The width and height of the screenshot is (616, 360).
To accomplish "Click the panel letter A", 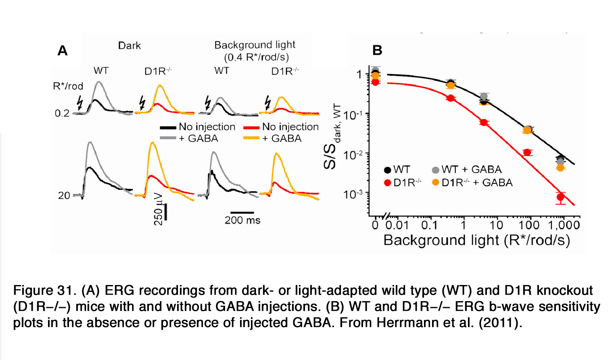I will tap(63, 51).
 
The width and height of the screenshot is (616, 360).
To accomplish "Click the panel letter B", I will tap(377, 50).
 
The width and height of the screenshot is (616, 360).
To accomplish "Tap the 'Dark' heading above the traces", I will tap(129, 46).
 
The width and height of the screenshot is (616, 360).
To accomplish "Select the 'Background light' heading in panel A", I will tap(255, 45).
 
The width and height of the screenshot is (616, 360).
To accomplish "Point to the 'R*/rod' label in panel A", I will tap(68, 86).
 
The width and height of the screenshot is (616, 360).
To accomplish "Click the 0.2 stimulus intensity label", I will tap(62, 113).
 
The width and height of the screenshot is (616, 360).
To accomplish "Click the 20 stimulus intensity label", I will tap(64, 196).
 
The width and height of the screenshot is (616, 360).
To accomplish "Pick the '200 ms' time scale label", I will tap(242, 220).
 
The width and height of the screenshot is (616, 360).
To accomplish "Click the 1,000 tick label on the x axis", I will tap(564, 225).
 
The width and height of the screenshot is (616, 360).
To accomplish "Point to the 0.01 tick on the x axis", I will tap(397, 225).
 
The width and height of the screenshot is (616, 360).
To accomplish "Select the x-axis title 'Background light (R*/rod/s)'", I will tap(476, 240).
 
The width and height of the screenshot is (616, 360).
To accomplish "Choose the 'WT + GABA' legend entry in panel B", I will tap(471, 169).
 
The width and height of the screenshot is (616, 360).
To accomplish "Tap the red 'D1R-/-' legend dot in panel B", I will tap(388, 183).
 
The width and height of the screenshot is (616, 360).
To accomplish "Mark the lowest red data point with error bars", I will tap(560, 197).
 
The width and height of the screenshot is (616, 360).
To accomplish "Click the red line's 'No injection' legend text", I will tap(290, 127).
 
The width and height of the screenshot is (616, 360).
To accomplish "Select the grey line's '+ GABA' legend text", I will tap(198, 138).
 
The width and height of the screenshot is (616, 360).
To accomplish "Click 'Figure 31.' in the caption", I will tap(45, 290).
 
